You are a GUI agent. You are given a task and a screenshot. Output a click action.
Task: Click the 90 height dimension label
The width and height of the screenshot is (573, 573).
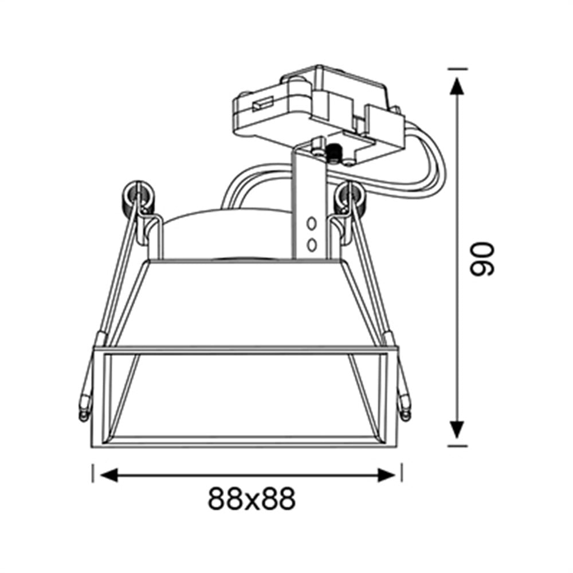[481, 259]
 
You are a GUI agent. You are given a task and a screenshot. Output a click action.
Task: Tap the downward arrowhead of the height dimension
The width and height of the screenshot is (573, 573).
[457, 429]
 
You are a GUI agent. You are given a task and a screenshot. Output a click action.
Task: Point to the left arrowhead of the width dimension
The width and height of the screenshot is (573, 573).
[109, 474]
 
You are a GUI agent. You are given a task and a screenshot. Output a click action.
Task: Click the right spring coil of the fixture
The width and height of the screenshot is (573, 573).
[350, 197]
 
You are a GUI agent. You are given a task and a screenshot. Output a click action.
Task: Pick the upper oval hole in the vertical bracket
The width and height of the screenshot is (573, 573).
[312, 222]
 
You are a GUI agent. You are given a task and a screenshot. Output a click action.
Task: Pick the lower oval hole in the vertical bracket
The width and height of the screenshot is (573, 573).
[312, 245]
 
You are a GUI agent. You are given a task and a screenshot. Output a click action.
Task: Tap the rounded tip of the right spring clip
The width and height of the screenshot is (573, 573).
[406, 410]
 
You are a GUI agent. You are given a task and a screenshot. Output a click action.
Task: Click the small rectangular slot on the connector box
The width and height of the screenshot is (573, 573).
[264, 105]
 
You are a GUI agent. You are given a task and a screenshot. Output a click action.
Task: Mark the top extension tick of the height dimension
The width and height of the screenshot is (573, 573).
[457, 69]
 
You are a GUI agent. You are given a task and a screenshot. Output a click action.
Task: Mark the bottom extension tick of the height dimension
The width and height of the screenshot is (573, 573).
[457, 445]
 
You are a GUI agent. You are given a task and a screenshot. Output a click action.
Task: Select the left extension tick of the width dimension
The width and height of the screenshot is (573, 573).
[93, 473]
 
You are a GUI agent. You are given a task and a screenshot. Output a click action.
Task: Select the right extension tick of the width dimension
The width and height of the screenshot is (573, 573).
[402, 473]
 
